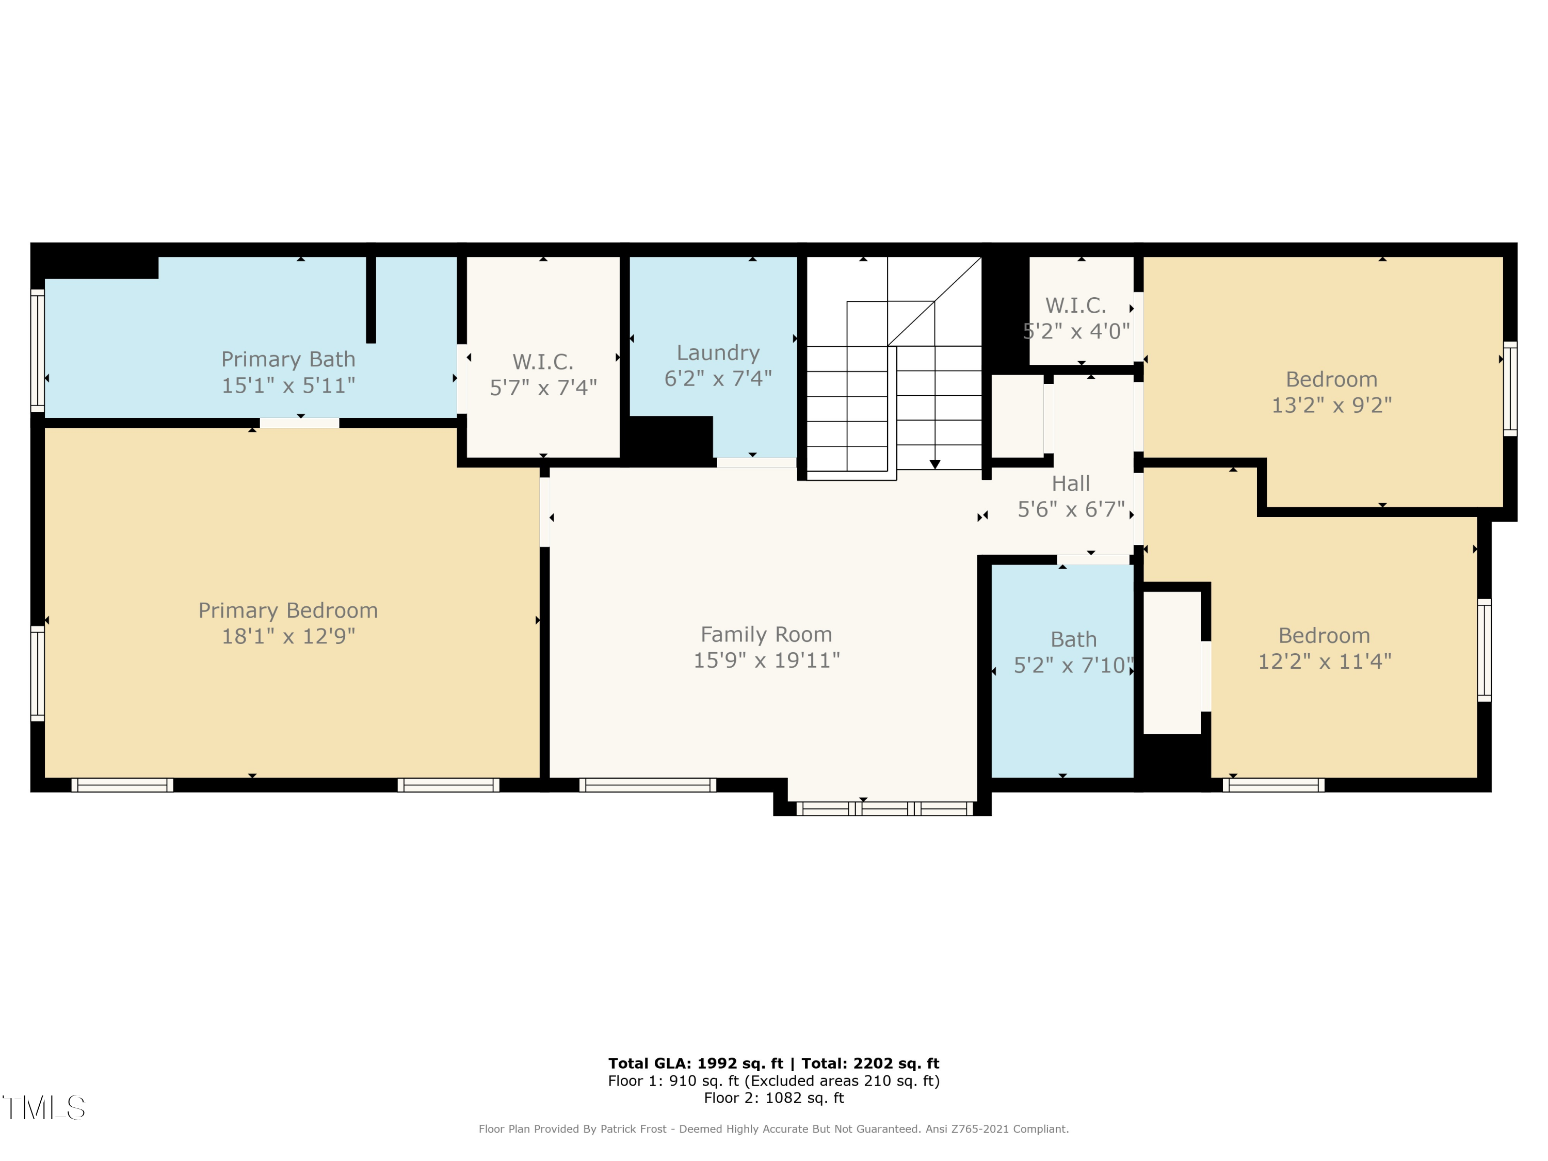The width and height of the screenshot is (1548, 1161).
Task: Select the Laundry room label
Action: click(718, 353)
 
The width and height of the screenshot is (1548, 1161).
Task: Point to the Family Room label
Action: click(766, 635)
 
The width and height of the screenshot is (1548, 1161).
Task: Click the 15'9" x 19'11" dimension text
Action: click(766, 660)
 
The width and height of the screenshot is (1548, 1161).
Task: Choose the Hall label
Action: click(1071, 483)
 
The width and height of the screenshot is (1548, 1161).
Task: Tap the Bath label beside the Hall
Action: click(1073, 640)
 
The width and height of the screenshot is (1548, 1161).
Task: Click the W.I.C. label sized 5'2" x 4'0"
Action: click(1076, 306)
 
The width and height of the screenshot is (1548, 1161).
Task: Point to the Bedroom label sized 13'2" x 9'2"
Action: click(1331, 379)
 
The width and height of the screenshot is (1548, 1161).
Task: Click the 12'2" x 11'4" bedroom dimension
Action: click(1324, 662)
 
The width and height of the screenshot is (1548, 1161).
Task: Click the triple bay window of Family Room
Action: click(884, 808)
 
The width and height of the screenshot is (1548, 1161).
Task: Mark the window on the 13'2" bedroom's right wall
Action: click(1510, 389)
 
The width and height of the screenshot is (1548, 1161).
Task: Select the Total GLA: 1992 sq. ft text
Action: click(695, 1063)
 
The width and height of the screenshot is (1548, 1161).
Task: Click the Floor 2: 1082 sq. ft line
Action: click(773, 1098)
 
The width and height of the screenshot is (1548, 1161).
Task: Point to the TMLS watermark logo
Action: click(43, 1108)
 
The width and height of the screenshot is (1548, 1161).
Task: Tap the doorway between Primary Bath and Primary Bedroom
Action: click(299, 423)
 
